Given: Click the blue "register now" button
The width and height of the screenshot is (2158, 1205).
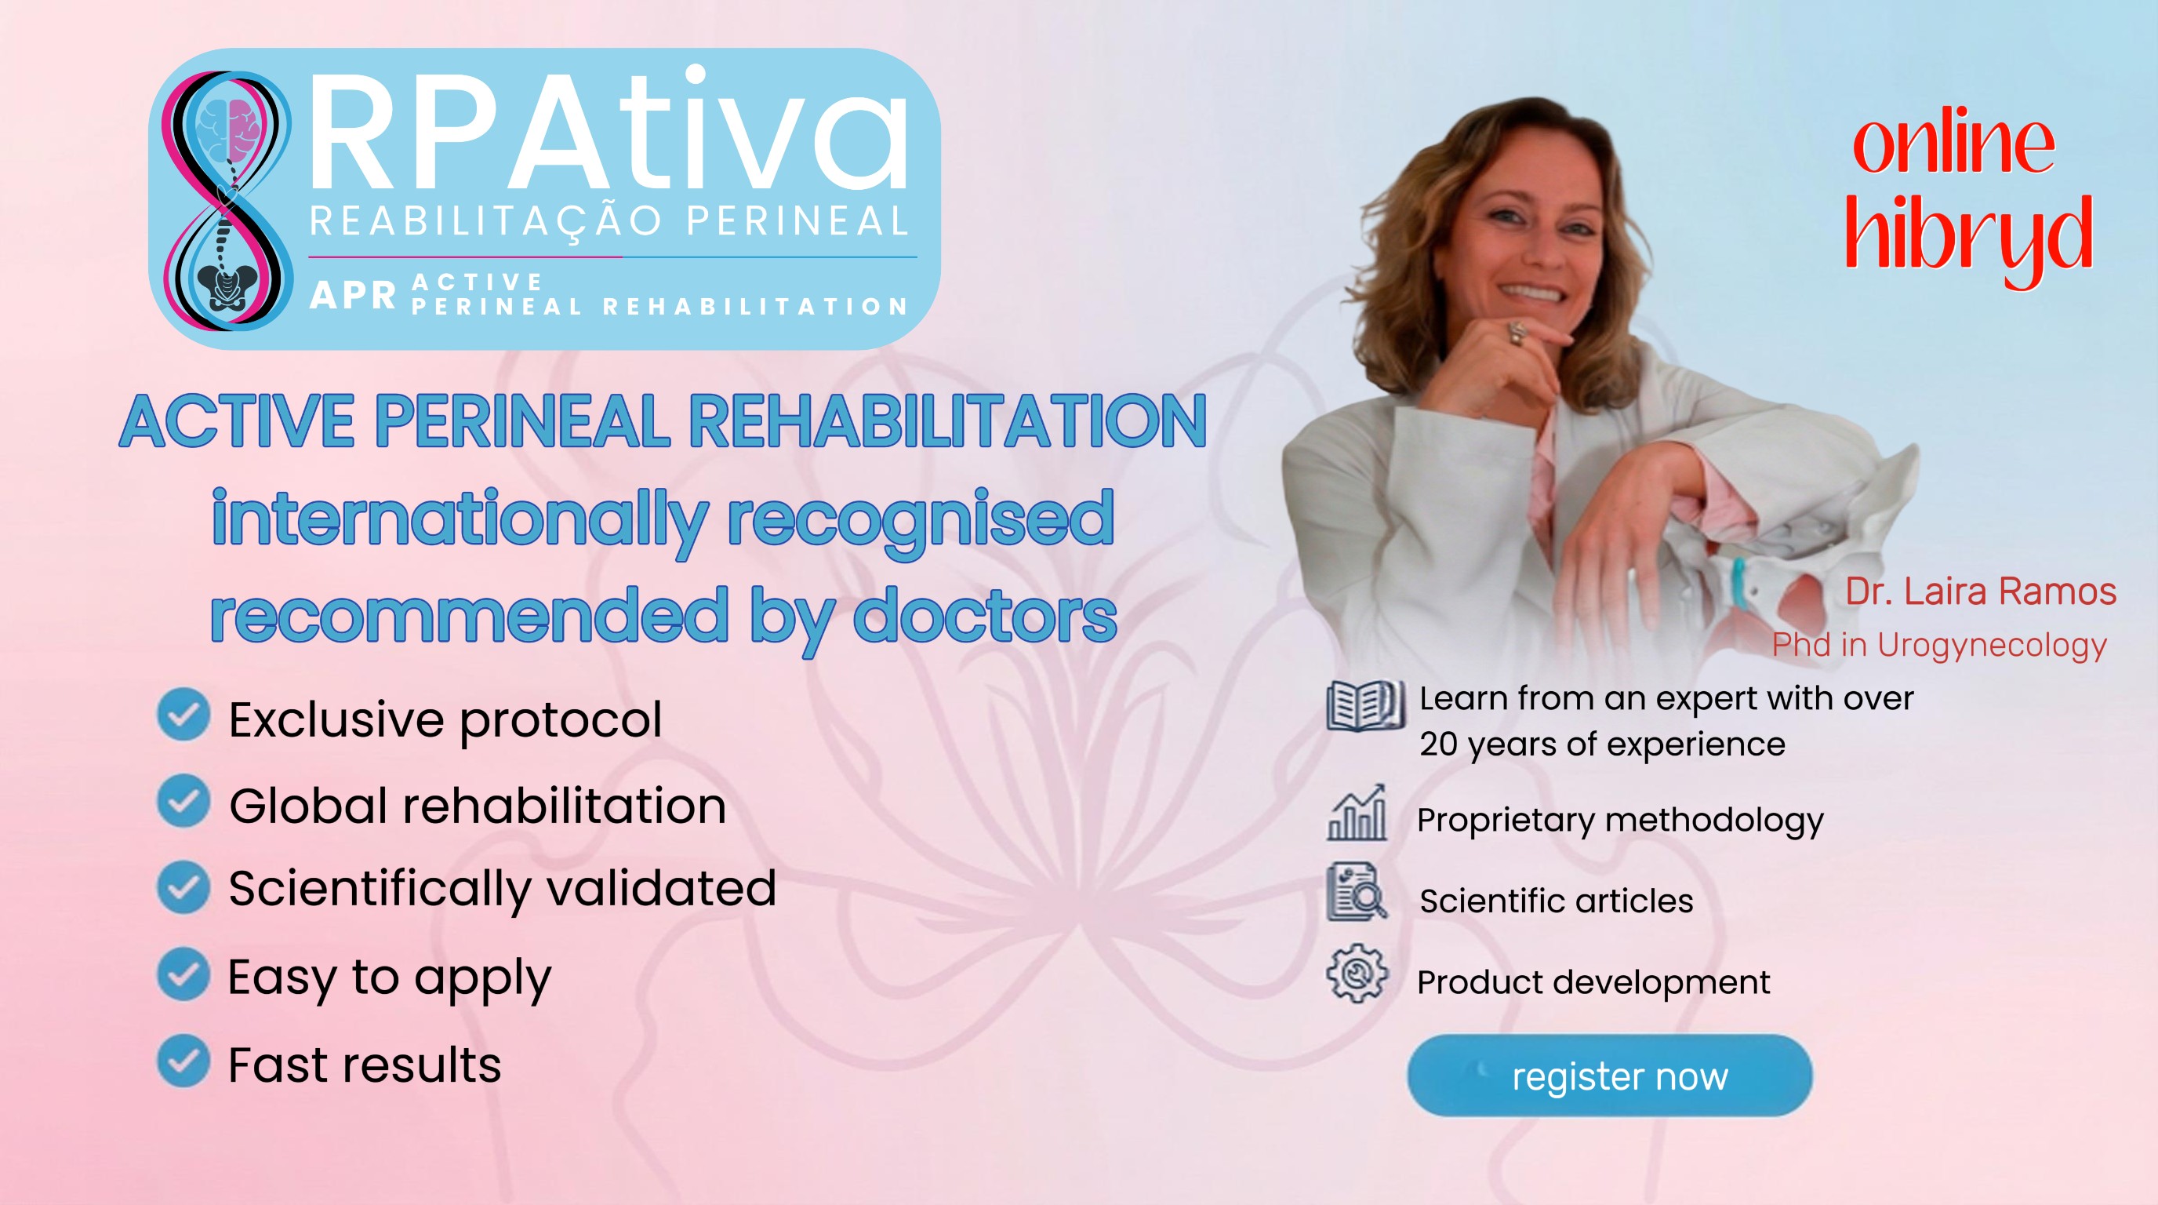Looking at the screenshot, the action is [1609, 1075].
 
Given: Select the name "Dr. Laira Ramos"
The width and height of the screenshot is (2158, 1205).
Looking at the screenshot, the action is [1981, 592].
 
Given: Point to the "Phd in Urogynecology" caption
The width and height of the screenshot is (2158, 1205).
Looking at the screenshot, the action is [1939, 645].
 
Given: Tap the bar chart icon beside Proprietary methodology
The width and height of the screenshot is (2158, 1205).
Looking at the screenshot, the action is [1357, 813].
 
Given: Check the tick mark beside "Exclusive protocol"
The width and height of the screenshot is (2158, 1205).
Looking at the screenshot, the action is [183, 715].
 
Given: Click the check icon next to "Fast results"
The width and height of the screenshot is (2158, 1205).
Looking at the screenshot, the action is [183, 1061].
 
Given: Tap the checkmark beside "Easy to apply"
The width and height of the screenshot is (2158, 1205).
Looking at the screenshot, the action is [183, 974].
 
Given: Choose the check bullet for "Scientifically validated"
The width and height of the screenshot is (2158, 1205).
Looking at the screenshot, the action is [183, 886].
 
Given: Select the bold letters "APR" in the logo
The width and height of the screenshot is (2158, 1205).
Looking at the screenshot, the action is [353, 295].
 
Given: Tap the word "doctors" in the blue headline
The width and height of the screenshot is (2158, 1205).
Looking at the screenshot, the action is [984, 616].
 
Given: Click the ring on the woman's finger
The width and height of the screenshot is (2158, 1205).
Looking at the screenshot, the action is [1517, 332].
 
